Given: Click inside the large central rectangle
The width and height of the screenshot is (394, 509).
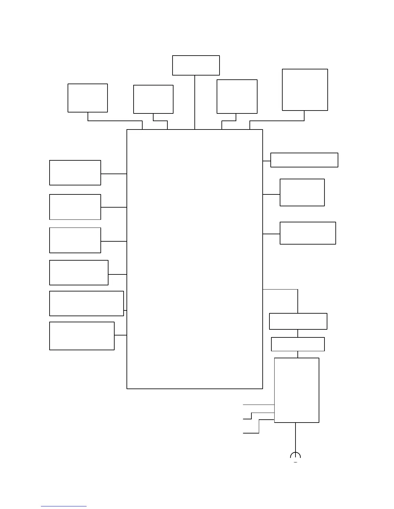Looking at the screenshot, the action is tap(195, 259).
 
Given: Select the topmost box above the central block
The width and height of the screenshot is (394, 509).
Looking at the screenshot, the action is tap(196, 65).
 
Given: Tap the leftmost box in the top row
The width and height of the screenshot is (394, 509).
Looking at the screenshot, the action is tap(88, 98).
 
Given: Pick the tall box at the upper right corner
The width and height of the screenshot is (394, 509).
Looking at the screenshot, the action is tap(305, 90).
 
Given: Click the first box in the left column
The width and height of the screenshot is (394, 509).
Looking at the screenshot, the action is tap(75, 173).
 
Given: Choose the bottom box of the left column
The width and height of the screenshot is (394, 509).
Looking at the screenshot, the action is tap(82, 336).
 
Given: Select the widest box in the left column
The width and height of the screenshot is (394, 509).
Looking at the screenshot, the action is tap(86, 303).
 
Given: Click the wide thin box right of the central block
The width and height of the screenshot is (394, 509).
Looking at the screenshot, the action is tap(304, 160).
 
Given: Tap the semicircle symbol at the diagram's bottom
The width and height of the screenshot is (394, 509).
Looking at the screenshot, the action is tap(295, 457).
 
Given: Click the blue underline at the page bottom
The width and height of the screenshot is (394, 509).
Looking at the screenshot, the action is tap(64, 506).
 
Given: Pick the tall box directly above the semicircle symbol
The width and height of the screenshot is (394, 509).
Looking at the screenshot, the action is tap(296, 390).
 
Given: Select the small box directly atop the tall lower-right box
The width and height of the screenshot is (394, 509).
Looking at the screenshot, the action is tap(298, 344).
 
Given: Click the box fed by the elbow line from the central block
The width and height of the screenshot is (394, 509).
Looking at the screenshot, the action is tap(298, 321).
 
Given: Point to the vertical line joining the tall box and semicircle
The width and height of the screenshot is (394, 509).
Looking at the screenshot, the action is tap(295, 437).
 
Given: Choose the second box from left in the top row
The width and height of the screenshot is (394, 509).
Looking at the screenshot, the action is tap(153, 99).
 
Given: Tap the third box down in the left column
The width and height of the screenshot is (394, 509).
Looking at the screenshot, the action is tap(75, 240).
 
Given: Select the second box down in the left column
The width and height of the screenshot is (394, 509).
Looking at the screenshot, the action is tap(75, 207).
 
